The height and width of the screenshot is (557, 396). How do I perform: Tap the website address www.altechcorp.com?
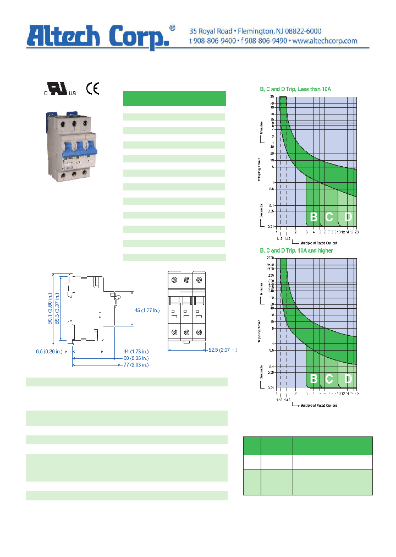tap(324, 41)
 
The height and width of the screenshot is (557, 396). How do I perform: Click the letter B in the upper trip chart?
tap(313, 217)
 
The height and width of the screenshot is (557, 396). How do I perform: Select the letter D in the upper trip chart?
tap(348, 217)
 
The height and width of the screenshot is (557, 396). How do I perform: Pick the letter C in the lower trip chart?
tap(329, 379)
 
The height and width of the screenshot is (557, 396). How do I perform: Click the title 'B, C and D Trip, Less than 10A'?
tap(294, 89)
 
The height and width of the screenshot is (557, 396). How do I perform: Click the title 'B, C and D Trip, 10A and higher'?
tap(296, 250)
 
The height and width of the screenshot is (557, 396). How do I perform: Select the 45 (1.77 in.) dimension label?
tap(147, 310)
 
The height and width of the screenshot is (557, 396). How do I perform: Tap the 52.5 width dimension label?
tap(220, 350)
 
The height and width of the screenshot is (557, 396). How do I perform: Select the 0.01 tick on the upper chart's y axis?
tap(271, 226)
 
